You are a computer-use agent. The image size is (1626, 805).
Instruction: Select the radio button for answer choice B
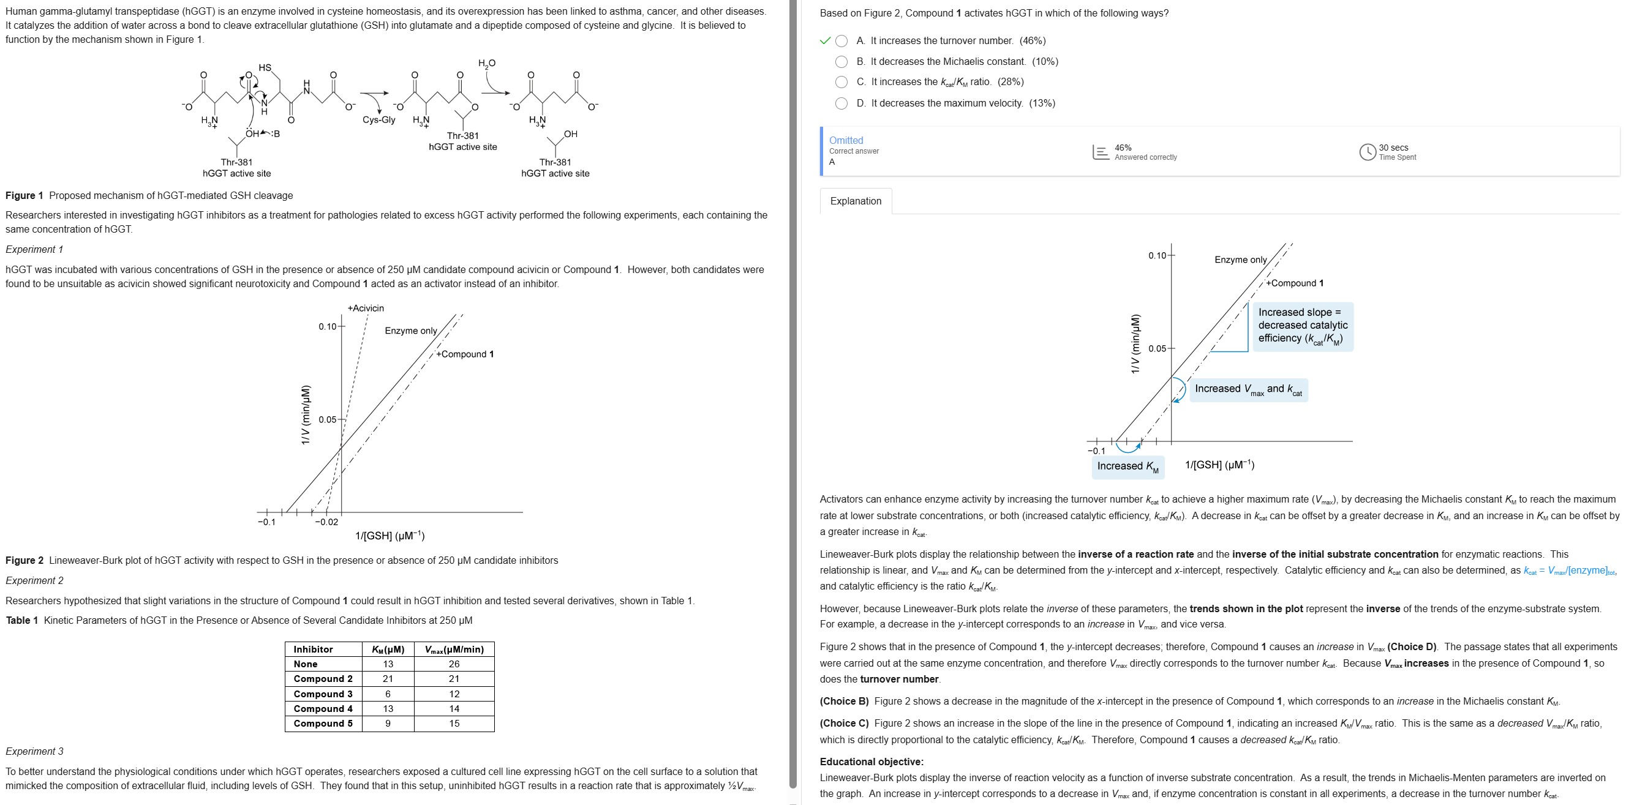click(841, 62)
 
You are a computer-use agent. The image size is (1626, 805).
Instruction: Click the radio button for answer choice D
click(841, 103)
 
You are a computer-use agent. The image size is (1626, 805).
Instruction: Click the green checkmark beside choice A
click(824, 41)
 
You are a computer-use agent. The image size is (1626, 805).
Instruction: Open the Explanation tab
click(856, 201)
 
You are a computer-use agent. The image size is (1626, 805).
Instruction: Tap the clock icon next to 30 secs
click(1367, 152)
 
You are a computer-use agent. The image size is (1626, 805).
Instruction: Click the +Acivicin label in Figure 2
click(366, 309)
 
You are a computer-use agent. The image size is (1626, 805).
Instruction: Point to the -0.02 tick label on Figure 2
click(327, 522)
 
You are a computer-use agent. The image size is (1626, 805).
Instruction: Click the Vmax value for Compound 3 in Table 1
click(454, 694)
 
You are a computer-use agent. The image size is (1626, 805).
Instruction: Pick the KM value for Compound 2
click(388, 679)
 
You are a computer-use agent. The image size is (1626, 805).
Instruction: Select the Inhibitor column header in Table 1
click(313, 649)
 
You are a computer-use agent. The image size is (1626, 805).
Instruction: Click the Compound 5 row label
click(323, 724)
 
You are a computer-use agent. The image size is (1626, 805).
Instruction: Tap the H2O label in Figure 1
click(487, 64)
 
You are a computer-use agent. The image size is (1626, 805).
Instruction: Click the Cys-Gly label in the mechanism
click(378, 120)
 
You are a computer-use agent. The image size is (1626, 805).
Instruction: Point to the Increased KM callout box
click(1127, 466)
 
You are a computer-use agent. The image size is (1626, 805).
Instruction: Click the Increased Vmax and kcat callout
click(1248, 390)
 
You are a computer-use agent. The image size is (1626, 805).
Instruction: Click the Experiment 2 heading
click(35, 580)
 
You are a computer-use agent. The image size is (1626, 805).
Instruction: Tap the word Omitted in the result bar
click(846, 140)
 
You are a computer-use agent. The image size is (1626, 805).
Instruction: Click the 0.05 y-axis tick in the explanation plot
click(1157, 349)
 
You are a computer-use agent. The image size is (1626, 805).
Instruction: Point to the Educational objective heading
click(871, 762)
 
